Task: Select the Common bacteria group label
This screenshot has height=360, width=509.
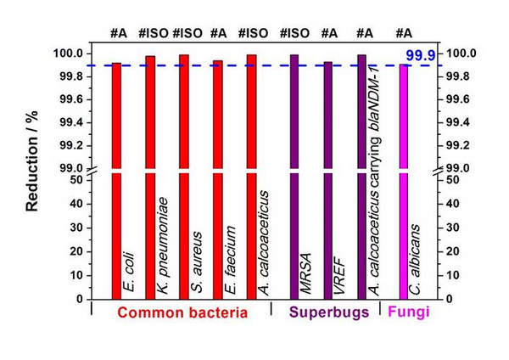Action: (182, 312)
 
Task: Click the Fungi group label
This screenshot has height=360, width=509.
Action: (409, 312)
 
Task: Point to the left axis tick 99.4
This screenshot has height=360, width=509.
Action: (70, 122)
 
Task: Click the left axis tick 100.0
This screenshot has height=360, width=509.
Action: (69, 53)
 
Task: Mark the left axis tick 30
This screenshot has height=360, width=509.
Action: (76, 228)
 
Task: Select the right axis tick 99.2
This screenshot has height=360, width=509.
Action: (456, 145)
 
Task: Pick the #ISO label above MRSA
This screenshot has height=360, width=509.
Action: (294, 34)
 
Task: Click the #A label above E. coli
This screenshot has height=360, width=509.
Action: (119, 34)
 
